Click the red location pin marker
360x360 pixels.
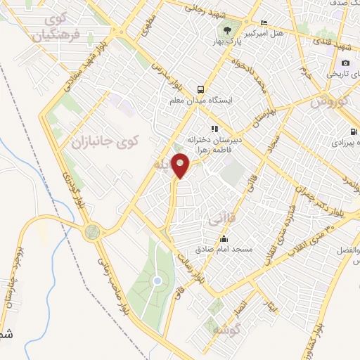click(181, 165)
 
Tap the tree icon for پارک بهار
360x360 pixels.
click(227, 30)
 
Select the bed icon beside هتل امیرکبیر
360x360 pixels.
click(264, 22)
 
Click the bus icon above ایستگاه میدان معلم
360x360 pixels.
click(200, 89)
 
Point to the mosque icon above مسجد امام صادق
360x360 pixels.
click(224, 239)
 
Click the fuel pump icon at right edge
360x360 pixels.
click(353, 131)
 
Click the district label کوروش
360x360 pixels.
click(329, 101)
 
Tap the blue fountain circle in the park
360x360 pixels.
click(157, 281)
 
